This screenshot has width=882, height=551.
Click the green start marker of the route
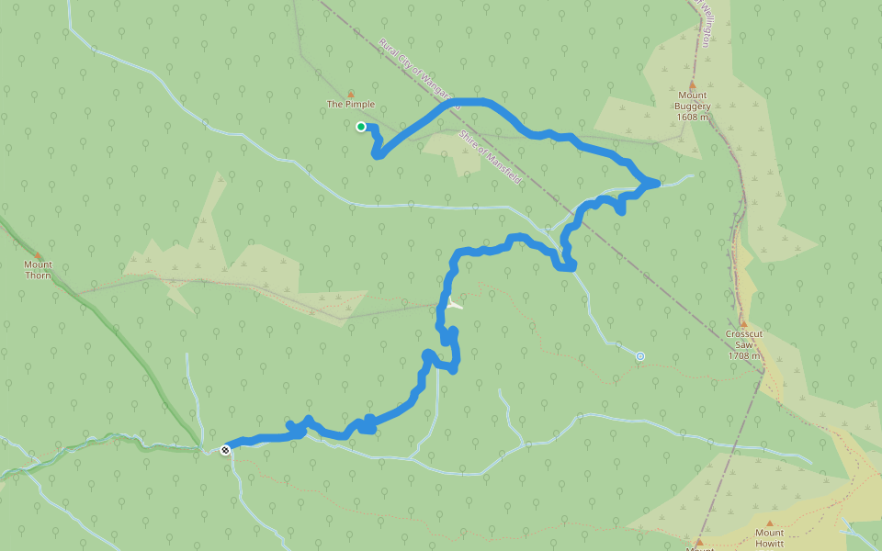361,127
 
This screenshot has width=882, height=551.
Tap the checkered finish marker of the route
225,449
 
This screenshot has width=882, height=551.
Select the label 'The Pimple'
351,105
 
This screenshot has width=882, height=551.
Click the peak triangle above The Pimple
350,94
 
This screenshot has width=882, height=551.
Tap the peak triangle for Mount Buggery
693,84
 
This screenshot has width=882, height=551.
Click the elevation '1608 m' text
693,118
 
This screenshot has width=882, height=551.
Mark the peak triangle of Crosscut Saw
743,323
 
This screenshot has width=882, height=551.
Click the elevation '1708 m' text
743,355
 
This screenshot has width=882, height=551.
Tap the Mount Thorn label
38,270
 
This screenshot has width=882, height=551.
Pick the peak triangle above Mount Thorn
38,255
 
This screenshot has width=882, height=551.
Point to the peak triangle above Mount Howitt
769,522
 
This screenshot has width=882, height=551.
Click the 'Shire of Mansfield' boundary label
489,158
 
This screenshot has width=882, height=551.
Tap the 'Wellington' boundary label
705,23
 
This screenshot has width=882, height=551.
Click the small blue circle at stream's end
640,355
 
